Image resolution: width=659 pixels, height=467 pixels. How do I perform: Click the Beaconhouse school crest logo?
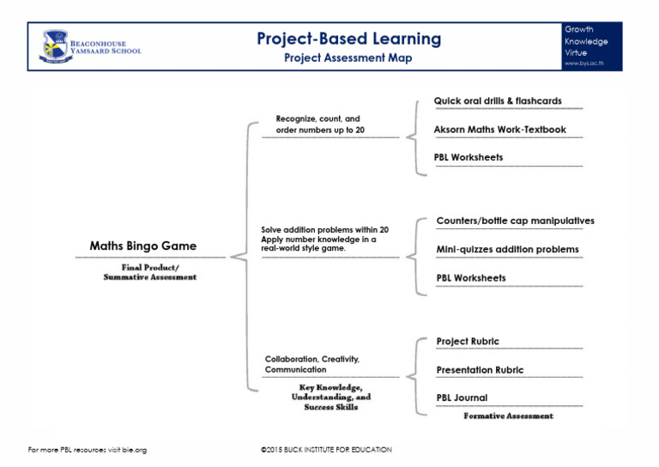[x=56, y=45]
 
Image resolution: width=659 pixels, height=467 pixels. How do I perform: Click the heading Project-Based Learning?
[x=348, y=39]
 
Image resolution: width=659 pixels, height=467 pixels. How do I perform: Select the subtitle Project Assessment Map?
[x=348, y=58]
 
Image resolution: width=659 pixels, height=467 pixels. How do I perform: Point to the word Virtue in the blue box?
[x=576, y=52]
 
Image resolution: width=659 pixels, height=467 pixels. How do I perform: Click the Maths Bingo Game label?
[x=142, y=246]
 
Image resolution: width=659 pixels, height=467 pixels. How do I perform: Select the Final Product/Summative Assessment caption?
[x=149, y=272]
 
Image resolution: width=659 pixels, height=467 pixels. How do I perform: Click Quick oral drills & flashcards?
[x=498, y=101]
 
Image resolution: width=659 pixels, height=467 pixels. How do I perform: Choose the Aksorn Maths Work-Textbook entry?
[x=499, y=130]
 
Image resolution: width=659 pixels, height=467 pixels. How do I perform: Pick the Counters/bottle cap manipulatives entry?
[x=515, y=221]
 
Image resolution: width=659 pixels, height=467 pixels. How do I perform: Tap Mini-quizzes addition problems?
[x=507, y=250]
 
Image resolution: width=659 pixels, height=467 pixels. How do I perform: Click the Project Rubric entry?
[x=467, y=342]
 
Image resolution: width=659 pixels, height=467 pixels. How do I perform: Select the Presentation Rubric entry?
[x=480, y=371]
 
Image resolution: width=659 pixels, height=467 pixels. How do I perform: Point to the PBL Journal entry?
[x=462, y=398]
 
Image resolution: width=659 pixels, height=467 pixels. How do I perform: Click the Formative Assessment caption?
[x=508, y=416]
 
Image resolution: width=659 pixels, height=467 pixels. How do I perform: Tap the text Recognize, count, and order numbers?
[x=317, y=124]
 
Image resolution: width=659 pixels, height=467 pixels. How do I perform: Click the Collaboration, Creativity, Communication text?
[x=311, y=364]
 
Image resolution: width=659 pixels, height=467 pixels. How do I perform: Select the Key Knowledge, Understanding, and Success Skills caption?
[x=330, y=397]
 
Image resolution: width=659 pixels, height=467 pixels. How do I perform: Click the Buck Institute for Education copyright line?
[x=326, y=450]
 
